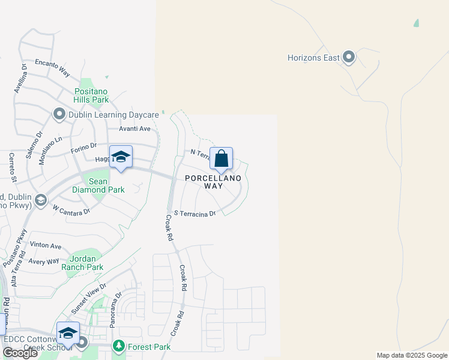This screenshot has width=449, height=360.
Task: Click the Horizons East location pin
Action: (x=349, y=58)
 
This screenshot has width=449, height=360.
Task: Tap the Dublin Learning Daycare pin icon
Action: (x=59, y=114)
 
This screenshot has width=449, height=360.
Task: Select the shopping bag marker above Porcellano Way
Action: (x=221, y=159)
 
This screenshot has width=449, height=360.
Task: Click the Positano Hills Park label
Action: (x=91, y=95)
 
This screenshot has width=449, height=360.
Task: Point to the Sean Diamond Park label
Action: (x=98, y=185)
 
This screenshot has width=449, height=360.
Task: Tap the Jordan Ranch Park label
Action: (x=82, y=263)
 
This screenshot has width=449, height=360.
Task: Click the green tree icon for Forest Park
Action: (x=119, y=346)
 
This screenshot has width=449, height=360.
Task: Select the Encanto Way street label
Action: (x=52, y=68)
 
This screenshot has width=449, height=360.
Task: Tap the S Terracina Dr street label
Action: (x=194, y=213)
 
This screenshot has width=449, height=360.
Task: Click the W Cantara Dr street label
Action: (x=71, y=210)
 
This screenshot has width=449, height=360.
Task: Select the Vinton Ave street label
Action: (x=46, y=246)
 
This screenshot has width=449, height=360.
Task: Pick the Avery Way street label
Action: (x=44, y=262)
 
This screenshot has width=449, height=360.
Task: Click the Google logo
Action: (x=20, y=353)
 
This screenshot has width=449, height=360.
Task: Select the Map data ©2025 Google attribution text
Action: (x=412, y=355)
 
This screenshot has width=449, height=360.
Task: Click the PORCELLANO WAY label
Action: (x=213, y=182)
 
